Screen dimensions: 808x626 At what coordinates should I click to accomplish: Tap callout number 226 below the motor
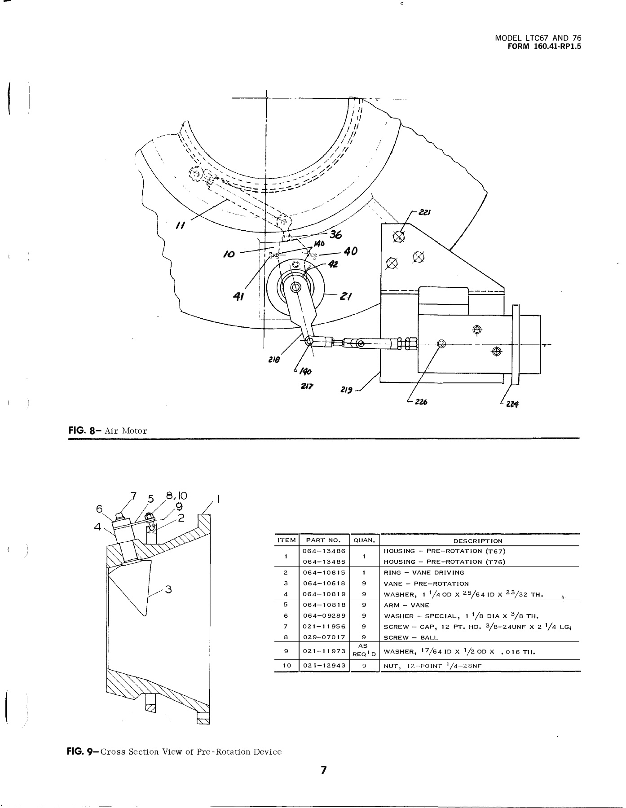[420, 402]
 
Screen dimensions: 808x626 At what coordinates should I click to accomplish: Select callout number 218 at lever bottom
[273, 359]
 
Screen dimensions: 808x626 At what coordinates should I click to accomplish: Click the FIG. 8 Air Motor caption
[108, 431]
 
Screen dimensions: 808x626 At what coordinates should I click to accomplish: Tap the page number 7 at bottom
[323, 770]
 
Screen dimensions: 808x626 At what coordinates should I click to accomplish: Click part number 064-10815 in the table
[324, 573]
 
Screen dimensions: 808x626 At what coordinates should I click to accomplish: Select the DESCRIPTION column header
[478, 541]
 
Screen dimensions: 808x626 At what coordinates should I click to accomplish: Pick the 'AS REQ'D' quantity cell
[364, 650]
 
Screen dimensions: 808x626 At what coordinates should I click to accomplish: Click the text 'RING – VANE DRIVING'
[424, 573]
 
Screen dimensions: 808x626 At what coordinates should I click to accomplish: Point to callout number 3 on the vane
[168, 589]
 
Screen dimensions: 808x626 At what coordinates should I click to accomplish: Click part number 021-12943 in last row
[324, 666]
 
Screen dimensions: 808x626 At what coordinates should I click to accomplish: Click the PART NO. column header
[324, 540]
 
